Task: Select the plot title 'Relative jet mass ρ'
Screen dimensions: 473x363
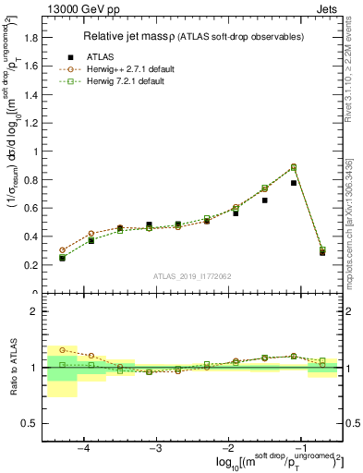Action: pos(123,36)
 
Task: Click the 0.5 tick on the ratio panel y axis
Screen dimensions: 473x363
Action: pos(30,423)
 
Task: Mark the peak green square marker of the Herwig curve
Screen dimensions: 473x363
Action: pos(294,167)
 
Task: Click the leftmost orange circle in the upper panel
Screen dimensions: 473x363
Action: pos(62,250)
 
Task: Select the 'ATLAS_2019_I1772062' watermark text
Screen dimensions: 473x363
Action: pos(192,276)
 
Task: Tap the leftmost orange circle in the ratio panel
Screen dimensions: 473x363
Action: pos(62,350)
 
